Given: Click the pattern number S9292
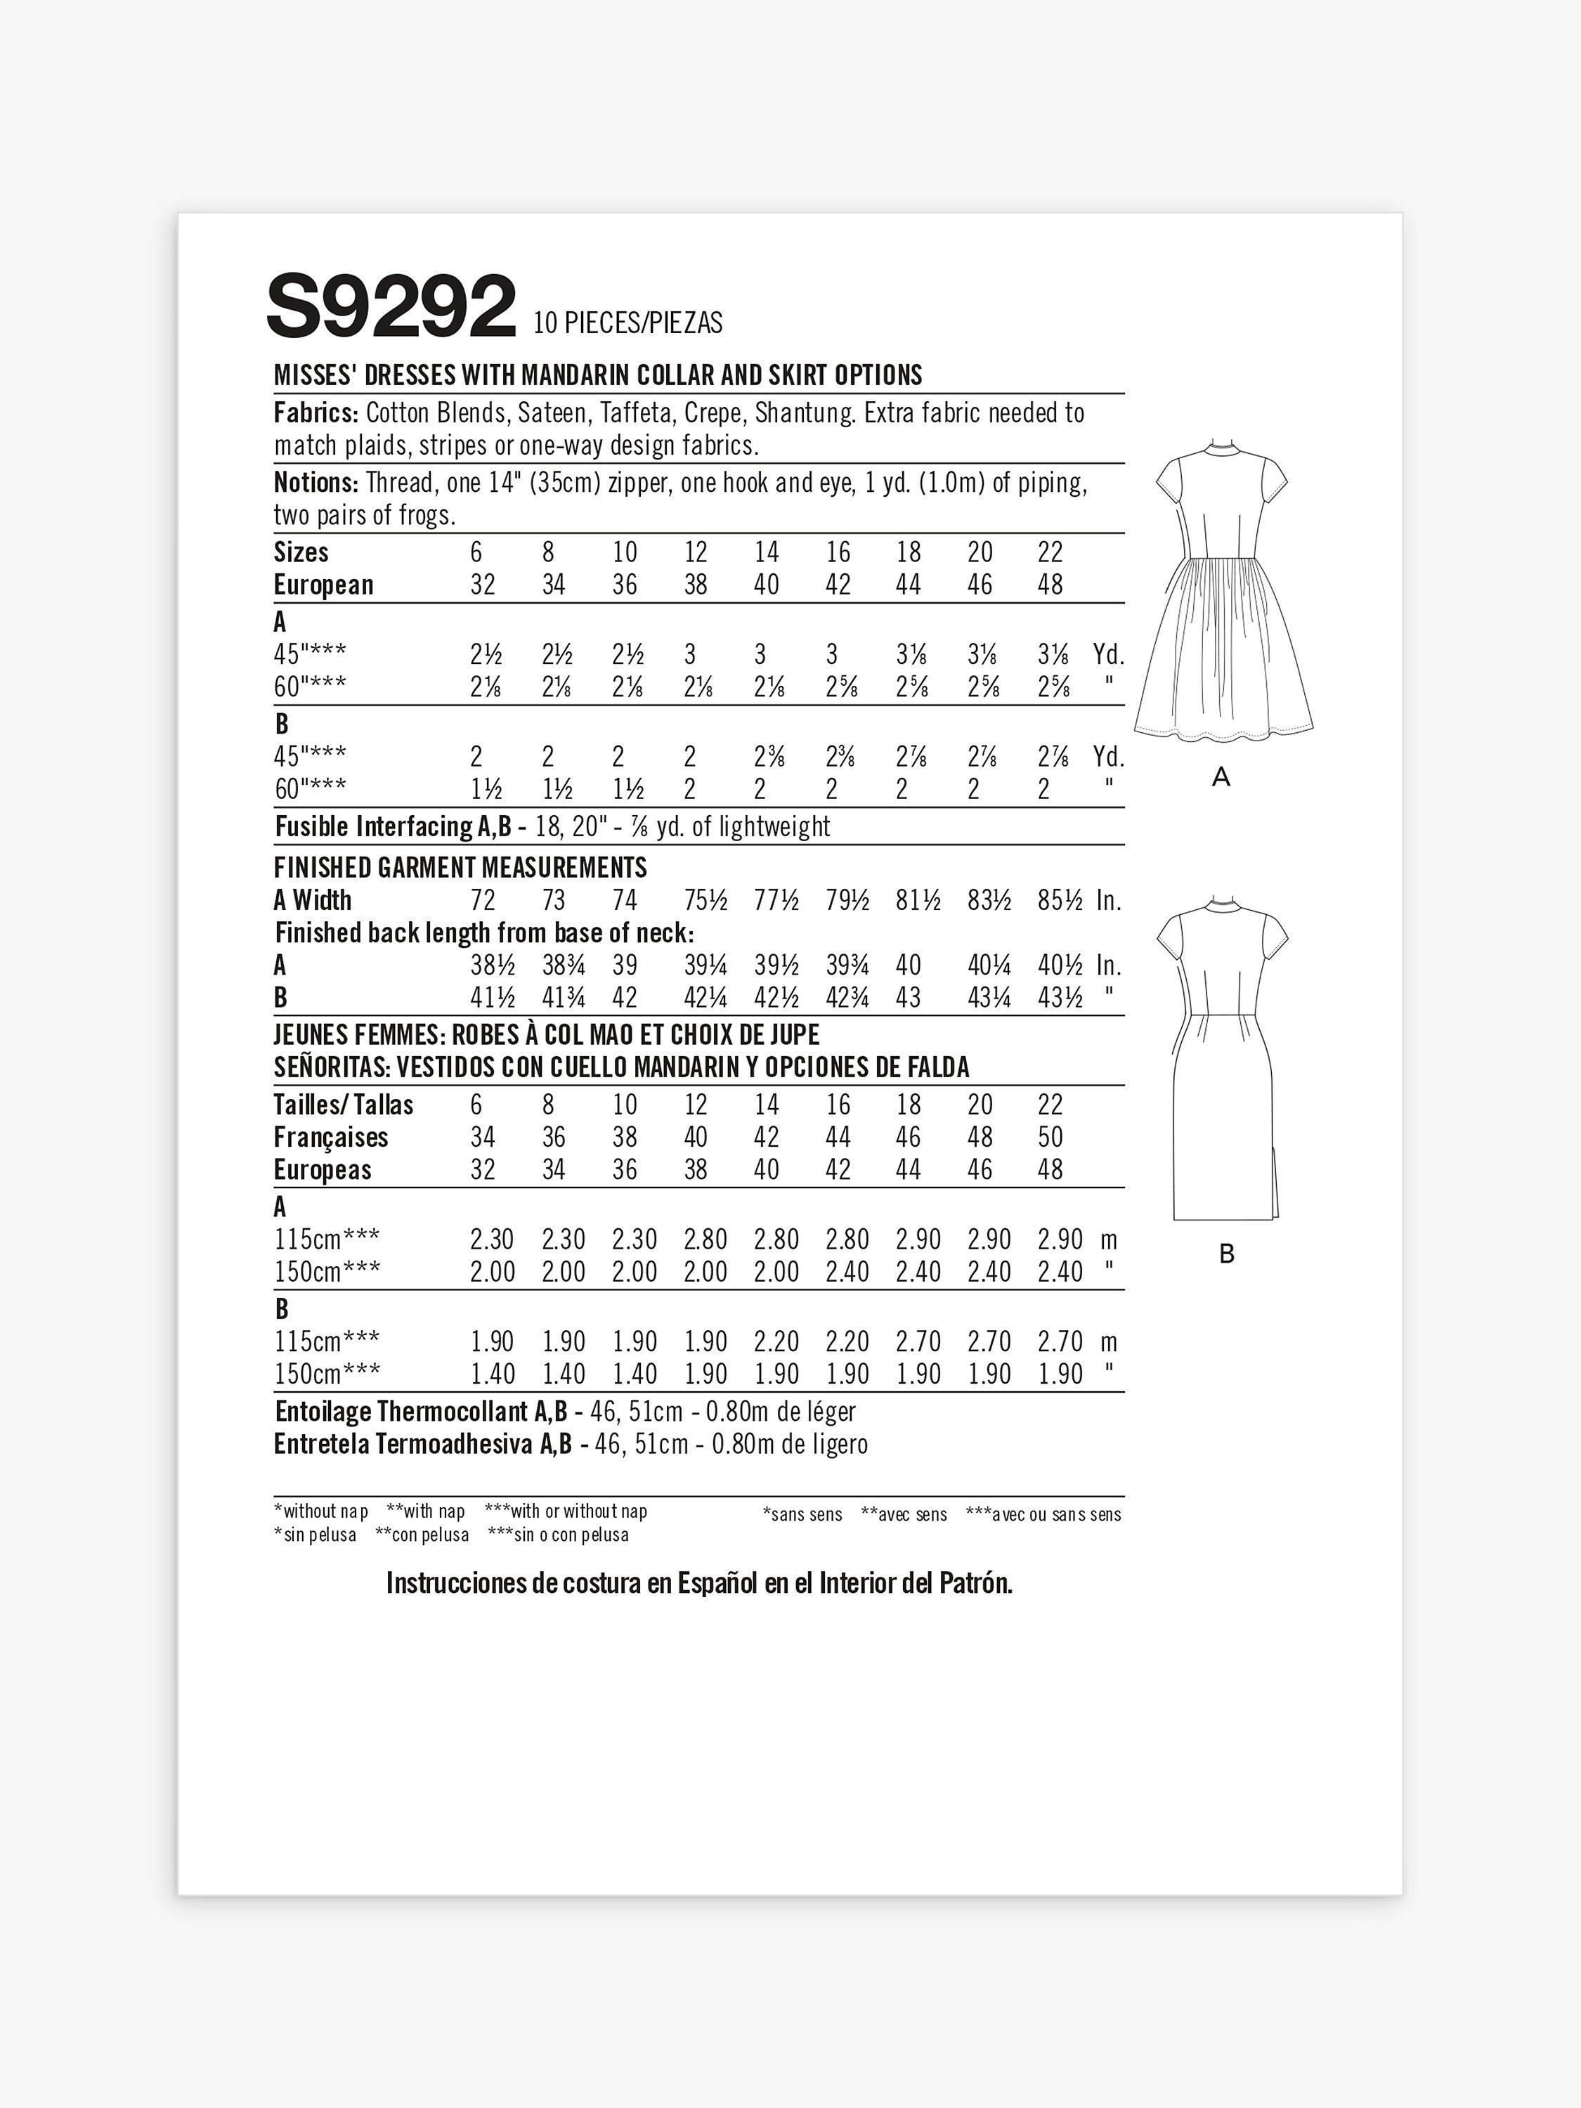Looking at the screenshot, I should tap(391, 308).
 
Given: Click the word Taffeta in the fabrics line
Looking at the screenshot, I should tap(637, 414).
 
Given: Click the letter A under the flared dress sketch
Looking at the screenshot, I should tap(1221, 778).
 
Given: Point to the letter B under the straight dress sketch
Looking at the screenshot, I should tap(1226, 1254).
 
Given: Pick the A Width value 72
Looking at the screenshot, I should tap(483, 901).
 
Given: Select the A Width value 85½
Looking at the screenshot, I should tap(1060, 901).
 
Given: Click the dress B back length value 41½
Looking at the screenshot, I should tap(492, 998).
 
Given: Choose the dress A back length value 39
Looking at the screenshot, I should tap(625, 965).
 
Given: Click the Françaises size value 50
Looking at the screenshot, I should tap(1050, 1138).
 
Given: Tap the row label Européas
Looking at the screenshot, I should tap(322, 1170).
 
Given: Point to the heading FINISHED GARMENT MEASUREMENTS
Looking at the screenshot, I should tap(460, 867).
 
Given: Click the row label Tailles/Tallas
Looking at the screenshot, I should tap(343, 1105).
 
